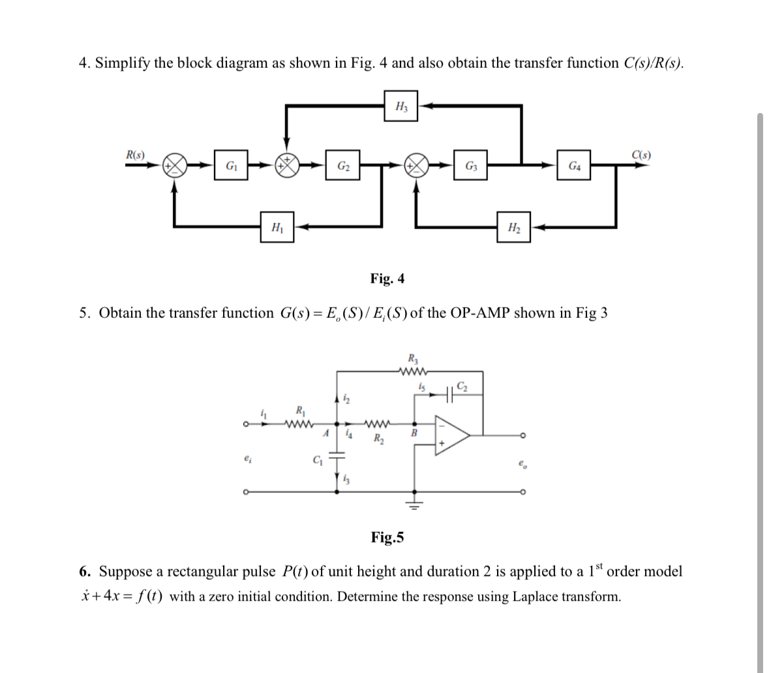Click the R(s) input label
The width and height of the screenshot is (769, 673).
tap(136, 155)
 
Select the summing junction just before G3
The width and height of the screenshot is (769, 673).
tap(416, 166)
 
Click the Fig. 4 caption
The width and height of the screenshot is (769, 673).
tap(387, 279)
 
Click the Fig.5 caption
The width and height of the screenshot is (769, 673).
tap(387, 537)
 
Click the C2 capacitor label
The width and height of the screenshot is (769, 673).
tap(462, 385)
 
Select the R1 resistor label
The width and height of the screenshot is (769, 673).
tap(299, 411)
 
